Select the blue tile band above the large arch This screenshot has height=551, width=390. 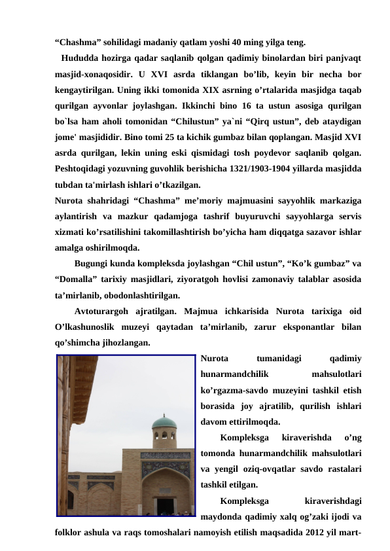165,455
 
